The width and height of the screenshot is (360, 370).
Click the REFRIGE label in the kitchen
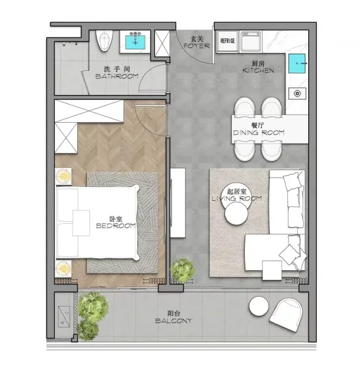[x=227, y=41]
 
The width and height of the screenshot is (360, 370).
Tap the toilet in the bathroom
[x=104, y=41]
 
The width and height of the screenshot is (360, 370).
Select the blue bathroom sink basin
[x=135, y=42]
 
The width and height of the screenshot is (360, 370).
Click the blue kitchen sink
[x=297, y=64]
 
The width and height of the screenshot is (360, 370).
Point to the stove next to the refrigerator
[x=251, y=41]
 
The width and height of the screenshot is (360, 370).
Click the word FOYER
[x=197, y=46]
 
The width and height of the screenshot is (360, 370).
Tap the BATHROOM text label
[x=117, y=76]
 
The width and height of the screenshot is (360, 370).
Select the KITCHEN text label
[x=258, y=70]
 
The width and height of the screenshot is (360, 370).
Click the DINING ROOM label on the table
[x=259, y=133]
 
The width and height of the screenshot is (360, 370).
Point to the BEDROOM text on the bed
[x=116, y=226]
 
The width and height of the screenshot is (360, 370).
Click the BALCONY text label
[x=174, y=321]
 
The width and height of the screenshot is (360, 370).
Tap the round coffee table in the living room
[x=236, y=213]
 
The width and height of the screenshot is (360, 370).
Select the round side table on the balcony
[x=258, y=306]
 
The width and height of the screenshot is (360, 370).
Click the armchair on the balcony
[x=286, y=314]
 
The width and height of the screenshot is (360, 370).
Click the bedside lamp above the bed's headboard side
[x=63, y=176]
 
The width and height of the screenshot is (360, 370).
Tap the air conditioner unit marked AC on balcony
[x=64, y=317]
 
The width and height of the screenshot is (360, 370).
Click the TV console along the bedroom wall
[x=178, y=203]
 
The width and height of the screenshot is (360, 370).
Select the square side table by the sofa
[x=272, y=270]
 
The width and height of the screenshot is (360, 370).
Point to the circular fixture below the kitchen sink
[x=297, y=94]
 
